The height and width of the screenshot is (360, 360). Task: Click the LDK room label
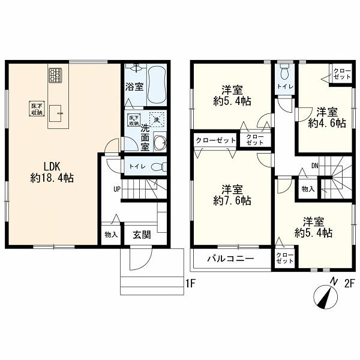(52, 166)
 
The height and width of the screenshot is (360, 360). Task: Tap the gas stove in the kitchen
(55, 76)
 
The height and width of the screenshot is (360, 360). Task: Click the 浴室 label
(134, 86)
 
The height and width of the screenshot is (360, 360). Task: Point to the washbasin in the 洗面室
(160, 142)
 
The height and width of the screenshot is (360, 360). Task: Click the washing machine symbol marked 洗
(157, 119)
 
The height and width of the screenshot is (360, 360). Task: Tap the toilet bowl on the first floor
(159, 166)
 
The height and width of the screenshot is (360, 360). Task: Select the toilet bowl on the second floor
(284, 71)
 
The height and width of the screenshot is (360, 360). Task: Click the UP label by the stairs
(117, 190)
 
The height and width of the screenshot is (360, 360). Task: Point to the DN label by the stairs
(315, 166)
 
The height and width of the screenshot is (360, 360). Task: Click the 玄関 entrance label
(142, 235)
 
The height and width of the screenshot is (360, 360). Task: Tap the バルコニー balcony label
(231, 259)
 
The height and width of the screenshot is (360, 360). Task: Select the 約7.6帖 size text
(232, 201)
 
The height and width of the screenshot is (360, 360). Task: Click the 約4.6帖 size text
(327, 123)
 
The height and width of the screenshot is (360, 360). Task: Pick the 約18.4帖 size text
(52, 178)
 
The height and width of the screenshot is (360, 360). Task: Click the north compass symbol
(326, 296)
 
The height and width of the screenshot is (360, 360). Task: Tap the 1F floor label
(190, 284)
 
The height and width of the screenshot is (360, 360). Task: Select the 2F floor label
(350, 284)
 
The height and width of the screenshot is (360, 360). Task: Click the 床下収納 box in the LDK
(37, 109)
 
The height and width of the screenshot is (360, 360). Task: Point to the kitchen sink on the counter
(55, 113)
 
